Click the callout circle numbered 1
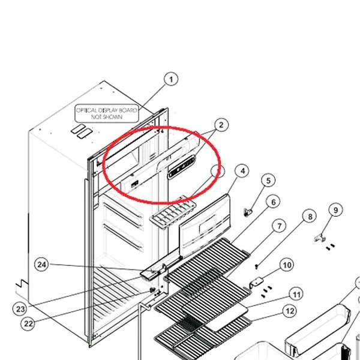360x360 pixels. [171, 79]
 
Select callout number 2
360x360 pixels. [221, 125]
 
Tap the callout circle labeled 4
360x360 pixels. [242, 171]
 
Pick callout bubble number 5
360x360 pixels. [268, 181]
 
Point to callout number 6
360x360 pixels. [273, 202]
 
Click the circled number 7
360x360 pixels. [279, 226]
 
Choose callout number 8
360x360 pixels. [310, 216]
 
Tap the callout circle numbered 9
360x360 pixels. [335, 210]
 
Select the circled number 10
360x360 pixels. [287, 265]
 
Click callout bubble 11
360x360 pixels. [296, 295]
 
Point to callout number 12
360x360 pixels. [290, 311]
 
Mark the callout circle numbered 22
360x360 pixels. [28, 324]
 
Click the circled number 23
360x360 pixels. [20, 309]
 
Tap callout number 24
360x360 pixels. [41, 265]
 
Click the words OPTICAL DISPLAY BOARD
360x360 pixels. [107, 110]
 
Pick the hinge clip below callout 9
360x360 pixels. [320, 238]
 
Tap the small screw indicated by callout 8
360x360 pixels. [257, 266]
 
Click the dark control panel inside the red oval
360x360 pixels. [182, 167]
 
